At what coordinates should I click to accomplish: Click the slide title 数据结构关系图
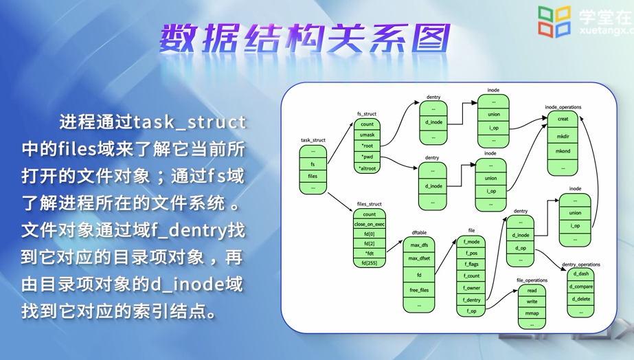[x=306, y=39]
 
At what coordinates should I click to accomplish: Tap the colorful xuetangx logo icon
[x=554, y=22]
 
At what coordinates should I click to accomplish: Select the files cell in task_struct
[x=313, y=176]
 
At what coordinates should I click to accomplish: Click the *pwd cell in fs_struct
[x=367, y=157]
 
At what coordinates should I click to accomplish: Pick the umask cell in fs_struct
[x=367, y=135]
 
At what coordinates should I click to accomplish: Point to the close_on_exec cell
[x=370, y=224]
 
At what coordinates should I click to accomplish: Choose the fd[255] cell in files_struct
[x=370, y=262]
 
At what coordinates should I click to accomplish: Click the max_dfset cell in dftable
[x=419, y=258]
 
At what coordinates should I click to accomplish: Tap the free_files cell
[x=419, y=290]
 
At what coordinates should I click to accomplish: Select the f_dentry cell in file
[x=471, y=300]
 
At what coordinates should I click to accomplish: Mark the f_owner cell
[x=471, y=288]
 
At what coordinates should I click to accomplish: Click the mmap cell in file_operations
[x=532, y=313]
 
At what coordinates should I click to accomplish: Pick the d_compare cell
[x=580, y=286]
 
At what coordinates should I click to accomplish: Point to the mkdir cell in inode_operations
[x=563, y=136]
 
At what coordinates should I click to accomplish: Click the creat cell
[x=563, y=119]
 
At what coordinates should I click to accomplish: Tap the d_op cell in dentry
[x=520, y=247]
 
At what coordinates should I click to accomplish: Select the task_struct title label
[x=313, y=140]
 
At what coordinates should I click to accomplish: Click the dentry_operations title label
[x=580, y=265]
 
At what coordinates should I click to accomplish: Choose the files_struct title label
[x=370, y=204]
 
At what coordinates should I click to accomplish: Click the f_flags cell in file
[x=471, y=264]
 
